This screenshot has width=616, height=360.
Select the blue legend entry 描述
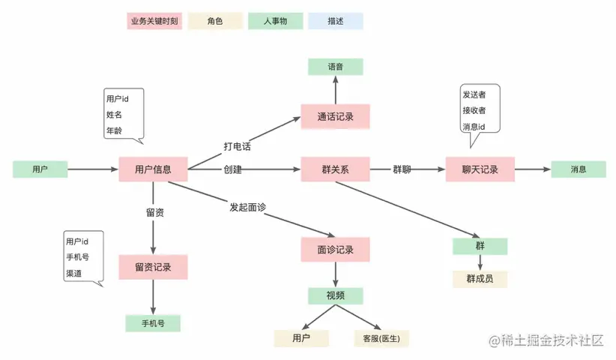[x=336, y=21]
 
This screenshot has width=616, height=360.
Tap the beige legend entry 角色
[x=214, y=21]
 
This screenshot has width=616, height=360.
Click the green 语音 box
[x=335, y=67]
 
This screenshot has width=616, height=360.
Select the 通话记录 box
[x=335, y=117]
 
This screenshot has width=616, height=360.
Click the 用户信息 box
[x=153, y=169]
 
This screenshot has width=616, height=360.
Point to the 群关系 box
[x=335, y=169]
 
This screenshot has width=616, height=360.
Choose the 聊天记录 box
[x=480, y=169]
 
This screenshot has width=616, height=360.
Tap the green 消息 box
[x=578, y=169]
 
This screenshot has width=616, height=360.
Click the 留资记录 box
[x=153, y=266]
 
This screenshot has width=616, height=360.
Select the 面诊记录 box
[x=335, y=250]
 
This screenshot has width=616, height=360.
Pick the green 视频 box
[x=335, y=295]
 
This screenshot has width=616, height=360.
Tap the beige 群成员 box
[x=480, y=279]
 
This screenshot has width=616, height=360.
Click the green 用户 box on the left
[x=40, y=169]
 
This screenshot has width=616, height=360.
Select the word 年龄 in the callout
[x=114, y=130]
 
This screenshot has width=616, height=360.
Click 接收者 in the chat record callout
[x=474, y=111]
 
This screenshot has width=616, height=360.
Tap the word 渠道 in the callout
[x=73, y=272]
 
